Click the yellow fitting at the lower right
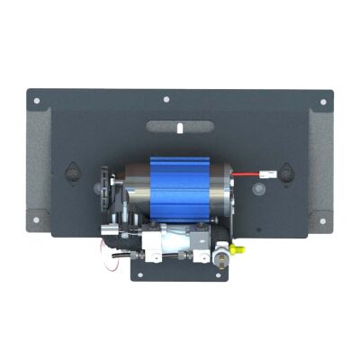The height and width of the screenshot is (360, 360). click(238, 246)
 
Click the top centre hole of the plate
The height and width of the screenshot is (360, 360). click(166, 101)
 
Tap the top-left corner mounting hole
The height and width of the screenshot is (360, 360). click(37, 101)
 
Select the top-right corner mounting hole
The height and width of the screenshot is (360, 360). click(324, 101)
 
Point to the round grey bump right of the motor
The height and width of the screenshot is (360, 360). click(258, 191)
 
